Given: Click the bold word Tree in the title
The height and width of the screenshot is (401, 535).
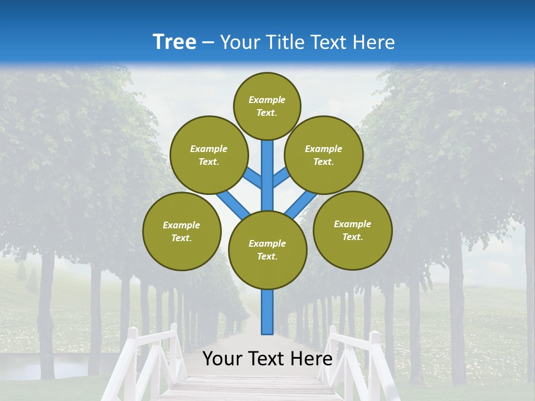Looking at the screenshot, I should [x=174, y=42].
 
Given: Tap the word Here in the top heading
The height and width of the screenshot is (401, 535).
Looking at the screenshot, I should [x=373, y=42].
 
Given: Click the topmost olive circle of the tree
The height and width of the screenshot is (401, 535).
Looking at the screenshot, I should [x=267, y=106].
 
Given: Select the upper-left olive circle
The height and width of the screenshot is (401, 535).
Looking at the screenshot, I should [x=208, y=155].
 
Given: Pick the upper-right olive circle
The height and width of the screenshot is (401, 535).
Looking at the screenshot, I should [x=324, y=155].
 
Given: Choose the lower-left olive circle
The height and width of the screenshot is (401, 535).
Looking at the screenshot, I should [x=182, y=231].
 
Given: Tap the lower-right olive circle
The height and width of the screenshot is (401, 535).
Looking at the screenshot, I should [x=352, y=230].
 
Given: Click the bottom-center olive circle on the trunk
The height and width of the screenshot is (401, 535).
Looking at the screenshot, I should [x=267, y=250].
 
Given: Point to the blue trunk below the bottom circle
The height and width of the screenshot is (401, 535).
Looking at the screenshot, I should [x=267, y=312].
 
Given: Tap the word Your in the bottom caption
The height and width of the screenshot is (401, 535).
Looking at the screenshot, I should [x=222, y=359].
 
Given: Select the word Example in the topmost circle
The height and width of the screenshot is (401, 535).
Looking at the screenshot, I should [x=267, y=100].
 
